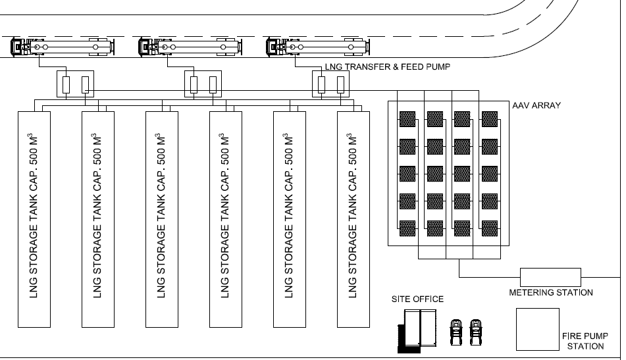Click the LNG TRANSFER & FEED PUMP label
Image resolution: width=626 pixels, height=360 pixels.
coord(388,67)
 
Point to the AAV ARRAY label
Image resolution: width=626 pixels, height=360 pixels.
coord(536,105)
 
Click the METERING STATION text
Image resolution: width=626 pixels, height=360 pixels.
coord(551,292)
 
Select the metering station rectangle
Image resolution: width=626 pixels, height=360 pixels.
coord(551,276)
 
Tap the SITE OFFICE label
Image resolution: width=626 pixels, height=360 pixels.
coord(417,299)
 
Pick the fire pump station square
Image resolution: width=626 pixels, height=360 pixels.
coord(537,328)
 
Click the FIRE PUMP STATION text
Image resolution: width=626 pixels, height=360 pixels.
coord(583,340)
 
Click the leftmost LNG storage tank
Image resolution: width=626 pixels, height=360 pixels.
coord(34,219)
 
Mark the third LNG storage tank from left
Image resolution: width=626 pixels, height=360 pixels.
coord(162,219)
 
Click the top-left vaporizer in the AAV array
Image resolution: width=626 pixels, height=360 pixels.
coord(408,119)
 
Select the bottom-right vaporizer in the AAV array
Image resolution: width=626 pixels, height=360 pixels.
coord(490,228)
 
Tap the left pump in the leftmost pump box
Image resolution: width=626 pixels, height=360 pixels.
coord(66,84)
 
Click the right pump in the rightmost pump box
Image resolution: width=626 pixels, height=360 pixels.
coord(340,84)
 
